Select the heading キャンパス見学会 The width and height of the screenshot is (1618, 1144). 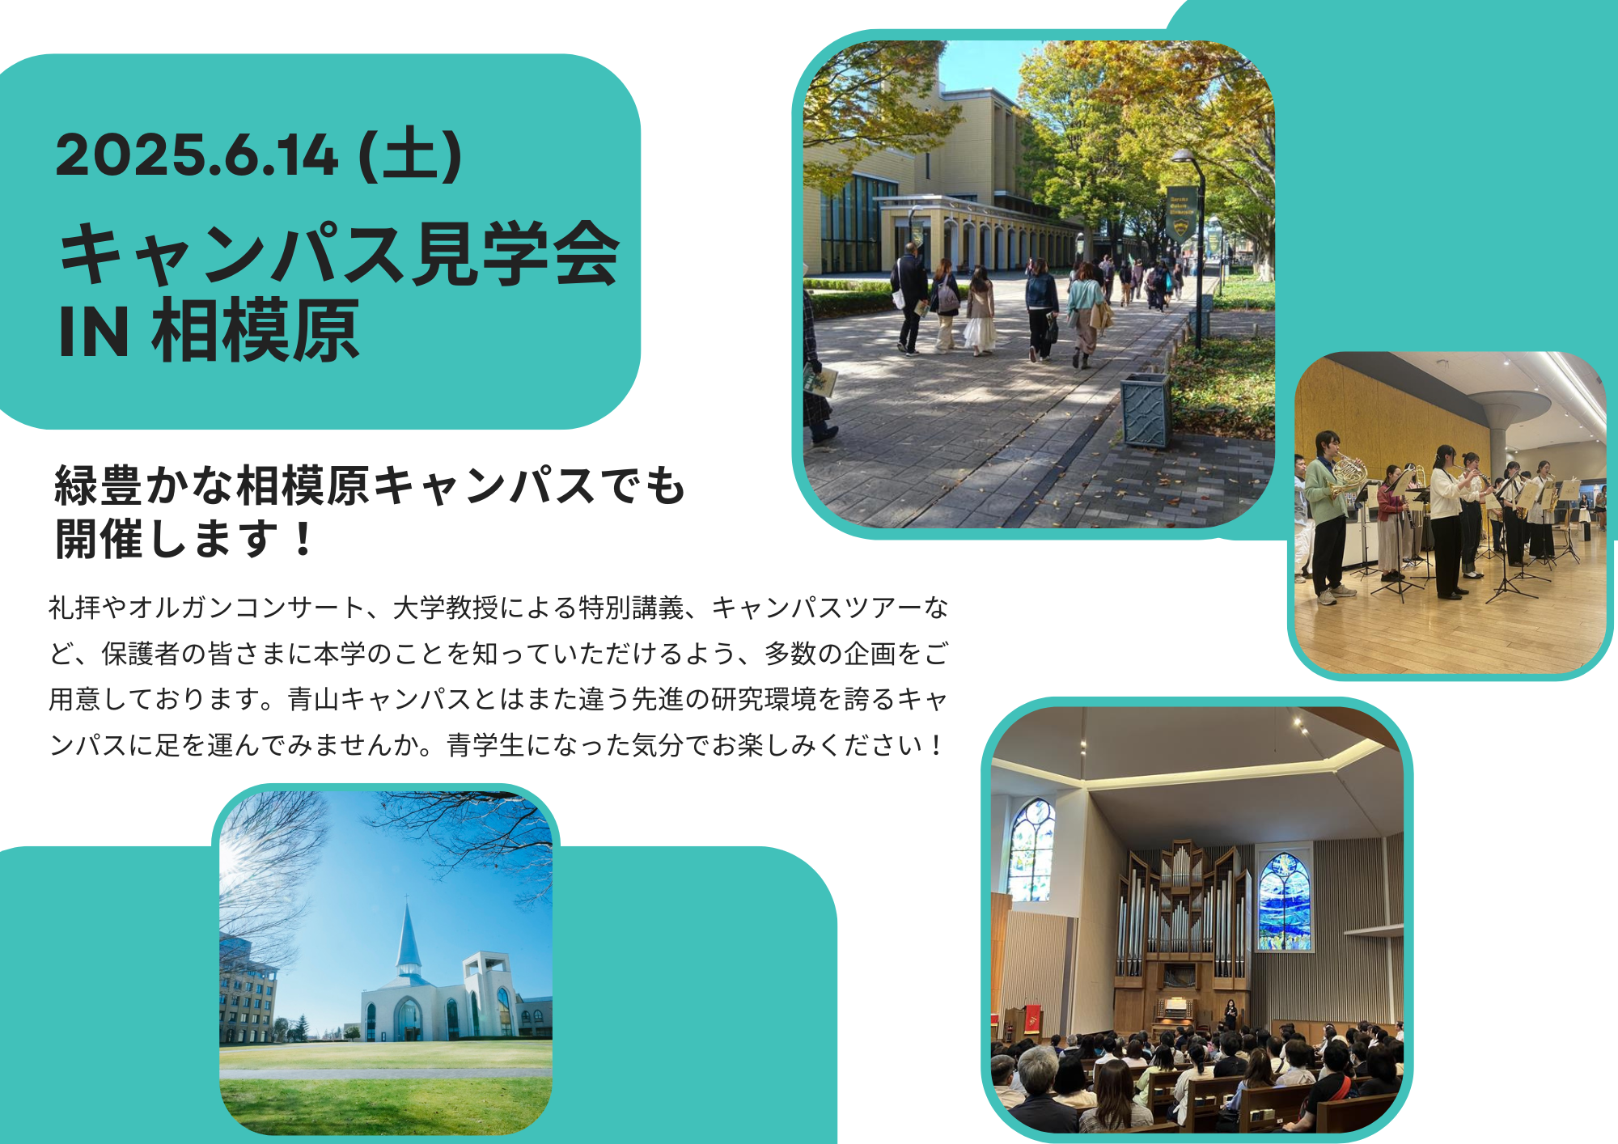pos(340,253)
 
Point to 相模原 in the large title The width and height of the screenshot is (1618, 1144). pos(256,330)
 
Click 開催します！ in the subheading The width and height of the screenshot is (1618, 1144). pos(184,539)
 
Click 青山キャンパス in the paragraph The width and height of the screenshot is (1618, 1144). pos(379,699)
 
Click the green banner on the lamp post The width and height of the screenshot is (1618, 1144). pos(1181,213)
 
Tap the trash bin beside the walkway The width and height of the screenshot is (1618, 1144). pos(1146,410)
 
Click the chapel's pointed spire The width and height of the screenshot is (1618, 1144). pos(408,939)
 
